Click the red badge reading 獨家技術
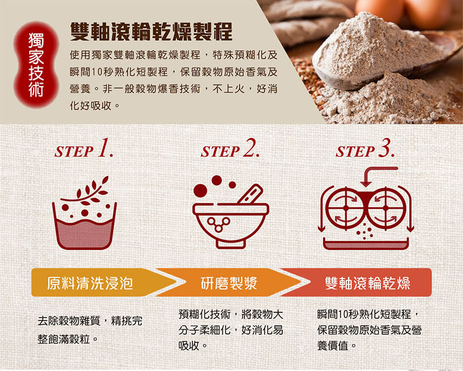36,64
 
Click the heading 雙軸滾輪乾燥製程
151,31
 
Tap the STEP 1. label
84,149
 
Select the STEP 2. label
230,149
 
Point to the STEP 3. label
365,149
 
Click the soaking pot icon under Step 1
84,226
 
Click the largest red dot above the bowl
200,190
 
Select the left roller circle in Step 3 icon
346,208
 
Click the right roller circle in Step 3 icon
385,208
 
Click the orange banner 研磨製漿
229,282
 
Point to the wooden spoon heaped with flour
384,53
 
